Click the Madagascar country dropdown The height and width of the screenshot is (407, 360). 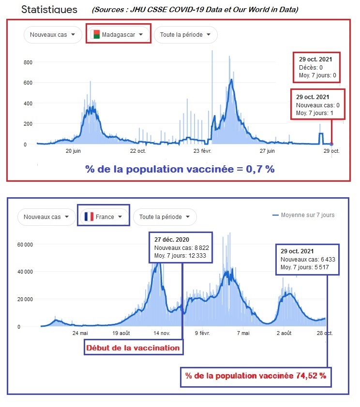[118, 34]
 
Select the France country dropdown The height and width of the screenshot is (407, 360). [104, 217]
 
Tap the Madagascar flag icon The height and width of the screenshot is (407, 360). [95, 34]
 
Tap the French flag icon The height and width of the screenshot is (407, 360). [89, 217]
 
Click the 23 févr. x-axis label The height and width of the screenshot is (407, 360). [202, 151]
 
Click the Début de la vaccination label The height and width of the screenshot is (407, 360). [133, 348]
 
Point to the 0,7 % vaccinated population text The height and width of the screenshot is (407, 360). [180, 169]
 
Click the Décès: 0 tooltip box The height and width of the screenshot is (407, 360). [316, 67]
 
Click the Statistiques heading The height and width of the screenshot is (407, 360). [49, 10]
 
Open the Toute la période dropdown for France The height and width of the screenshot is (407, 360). [165, 217]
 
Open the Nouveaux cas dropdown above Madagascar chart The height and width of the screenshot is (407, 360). [53, 34]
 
